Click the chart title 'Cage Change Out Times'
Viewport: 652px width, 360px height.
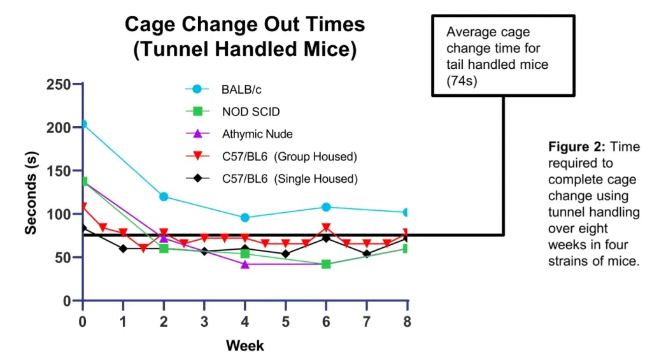pos(244,25)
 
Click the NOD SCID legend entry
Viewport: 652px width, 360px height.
pos(250,112)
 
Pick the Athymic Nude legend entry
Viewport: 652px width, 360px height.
pos(256,134)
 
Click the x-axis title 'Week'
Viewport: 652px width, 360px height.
pos(244,346)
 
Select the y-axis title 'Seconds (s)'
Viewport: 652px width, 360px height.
pos(30,192)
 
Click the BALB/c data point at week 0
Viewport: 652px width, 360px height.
pos(83,124)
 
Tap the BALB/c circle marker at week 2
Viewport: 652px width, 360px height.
pos(164,196)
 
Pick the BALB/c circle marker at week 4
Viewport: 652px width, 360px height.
pos(245,217)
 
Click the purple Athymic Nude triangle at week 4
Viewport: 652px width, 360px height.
pos(245,264)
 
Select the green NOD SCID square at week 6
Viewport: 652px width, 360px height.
pos(326,264)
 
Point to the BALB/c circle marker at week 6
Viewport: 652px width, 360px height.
pos(326,207)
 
